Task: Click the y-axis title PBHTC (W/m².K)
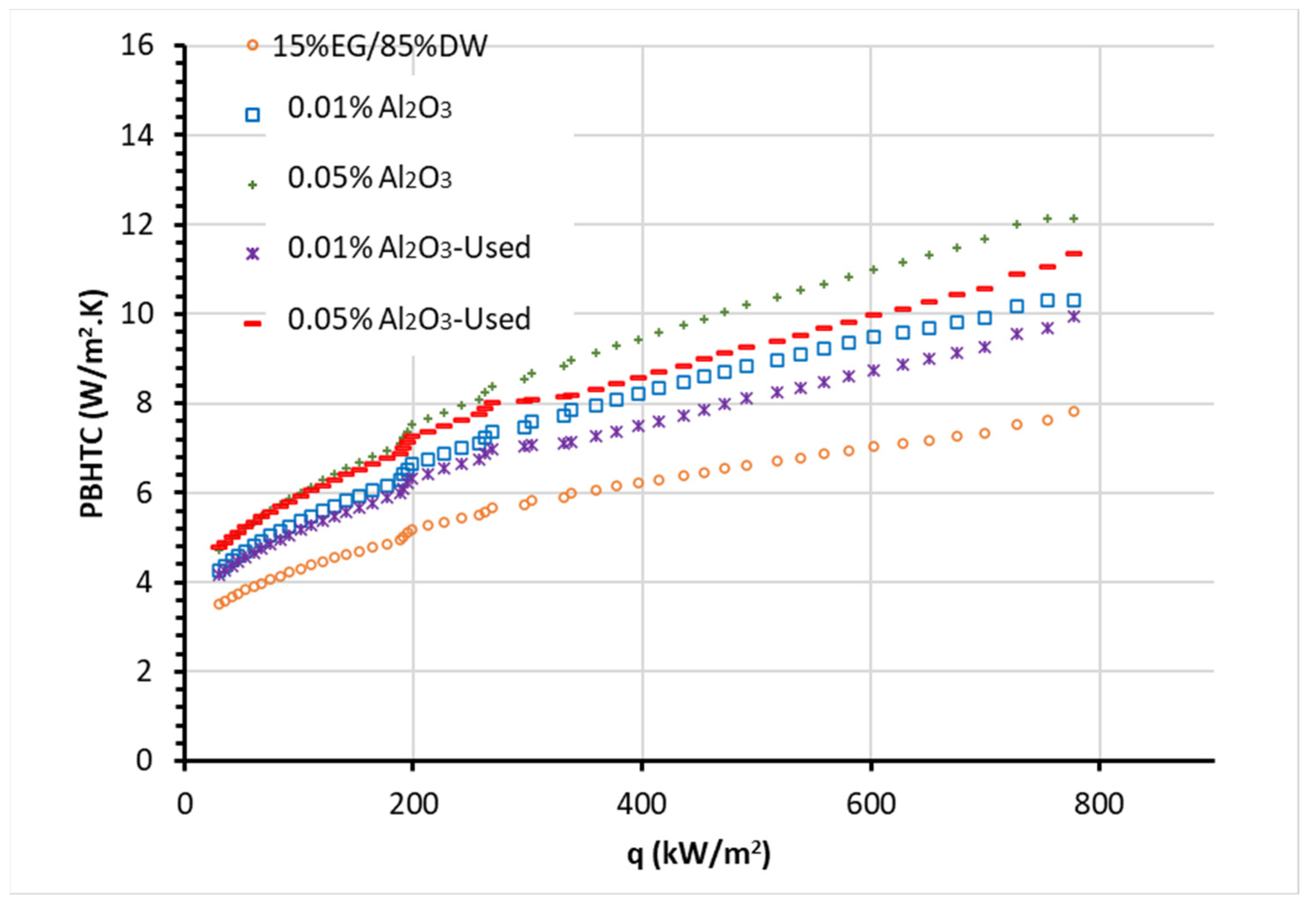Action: pos(92,404)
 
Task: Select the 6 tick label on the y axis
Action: pos(145,493)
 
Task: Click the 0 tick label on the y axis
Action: pos(145,760)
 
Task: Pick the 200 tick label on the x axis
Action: pos(413,804)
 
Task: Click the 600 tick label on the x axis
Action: pos(870,804)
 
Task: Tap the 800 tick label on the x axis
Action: pos(1098,804)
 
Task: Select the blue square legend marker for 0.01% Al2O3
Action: pos(252,115)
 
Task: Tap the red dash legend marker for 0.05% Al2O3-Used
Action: pos(252,323)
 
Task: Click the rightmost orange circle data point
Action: pos(1073,411)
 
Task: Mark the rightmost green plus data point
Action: pos(1073,218)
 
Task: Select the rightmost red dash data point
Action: pos(1073,254)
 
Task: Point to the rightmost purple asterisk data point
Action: pos(1073,317)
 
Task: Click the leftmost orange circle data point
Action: pos(218,604)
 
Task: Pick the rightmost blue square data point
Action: pos(1073,300)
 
